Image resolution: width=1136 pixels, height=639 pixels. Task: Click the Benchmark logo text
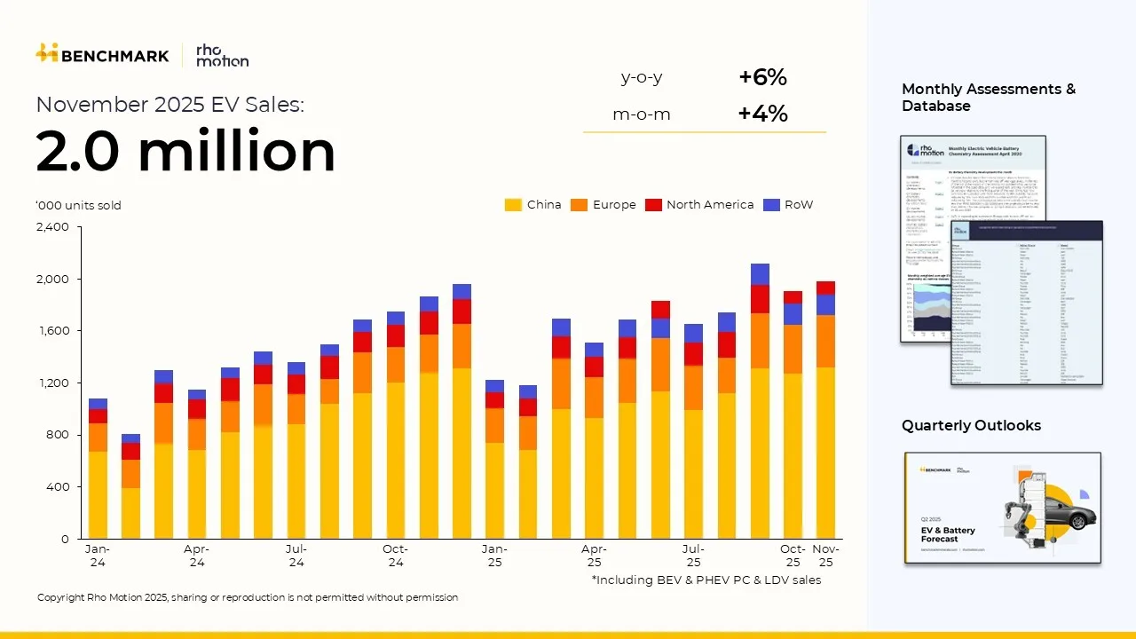(x=114, y=56)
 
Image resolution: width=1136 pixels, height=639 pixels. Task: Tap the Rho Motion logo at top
(x=222, y=55)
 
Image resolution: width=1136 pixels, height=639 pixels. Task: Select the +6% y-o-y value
(x=762, y=78)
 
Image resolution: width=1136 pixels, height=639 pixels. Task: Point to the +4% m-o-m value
(x=762, y=114)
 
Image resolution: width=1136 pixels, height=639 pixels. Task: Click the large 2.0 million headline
(x=185, y=151)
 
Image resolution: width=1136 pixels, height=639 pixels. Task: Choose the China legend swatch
(x=513, y=205)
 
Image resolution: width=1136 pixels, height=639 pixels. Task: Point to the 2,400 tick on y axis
(x=52, y=227)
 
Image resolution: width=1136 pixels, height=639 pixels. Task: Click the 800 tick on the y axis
(x=59, y=435)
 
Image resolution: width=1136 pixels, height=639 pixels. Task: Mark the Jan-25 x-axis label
(x=494, y=556)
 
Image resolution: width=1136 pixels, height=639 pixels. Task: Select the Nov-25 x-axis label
(x=825, y=556)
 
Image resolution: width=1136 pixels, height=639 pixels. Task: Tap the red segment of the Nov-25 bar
(x=825, y=287)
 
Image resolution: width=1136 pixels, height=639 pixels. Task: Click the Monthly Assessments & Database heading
(x=988, y=98)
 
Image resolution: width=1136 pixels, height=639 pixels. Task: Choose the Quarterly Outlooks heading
(x=971, y=426)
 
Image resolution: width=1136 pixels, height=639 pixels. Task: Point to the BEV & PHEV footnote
(x=706, y=580)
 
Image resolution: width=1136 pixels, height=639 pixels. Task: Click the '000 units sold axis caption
(x=78, y=206)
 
